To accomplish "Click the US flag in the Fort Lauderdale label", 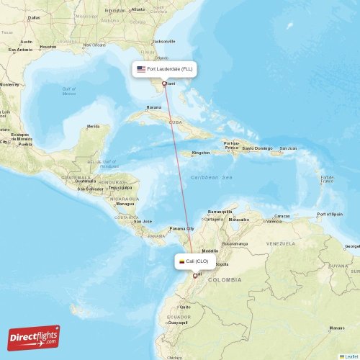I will (141, 69).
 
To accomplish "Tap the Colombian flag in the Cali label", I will (182, 262).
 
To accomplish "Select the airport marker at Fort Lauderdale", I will (164, 84).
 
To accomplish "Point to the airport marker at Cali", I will (195, 275).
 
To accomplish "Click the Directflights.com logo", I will (34, 337).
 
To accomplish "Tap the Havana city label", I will (154, 107).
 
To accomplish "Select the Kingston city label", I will (200, 153).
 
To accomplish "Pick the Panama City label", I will (181, 228).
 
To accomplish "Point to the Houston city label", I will (48, 47).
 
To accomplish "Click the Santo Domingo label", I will (257, 148).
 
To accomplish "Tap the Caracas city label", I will (282, 216).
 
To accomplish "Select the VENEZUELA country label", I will (280, 243).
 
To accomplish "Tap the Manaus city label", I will (337, 328).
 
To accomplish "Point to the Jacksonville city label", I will (164, 41).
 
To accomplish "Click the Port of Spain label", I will (330, 215).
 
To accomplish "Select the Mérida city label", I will (93, 126).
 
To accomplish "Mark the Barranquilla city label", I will (220, 212).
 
